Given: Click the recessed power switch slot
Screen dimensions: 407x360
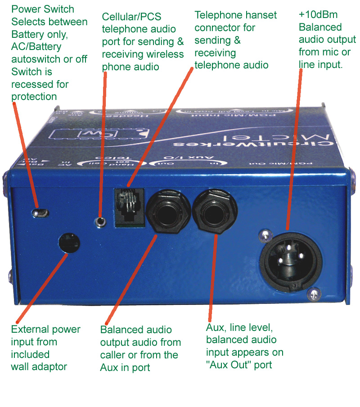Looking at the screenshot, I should click(43, 212).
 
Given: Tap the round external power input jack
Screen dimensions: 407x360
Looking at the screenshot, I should click(69, 244).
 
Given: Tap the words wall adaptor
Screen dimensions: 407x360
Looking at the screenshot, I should click(39, 366).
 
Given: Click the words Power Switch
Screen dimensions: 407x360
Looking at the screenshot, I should click(43, 9).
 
